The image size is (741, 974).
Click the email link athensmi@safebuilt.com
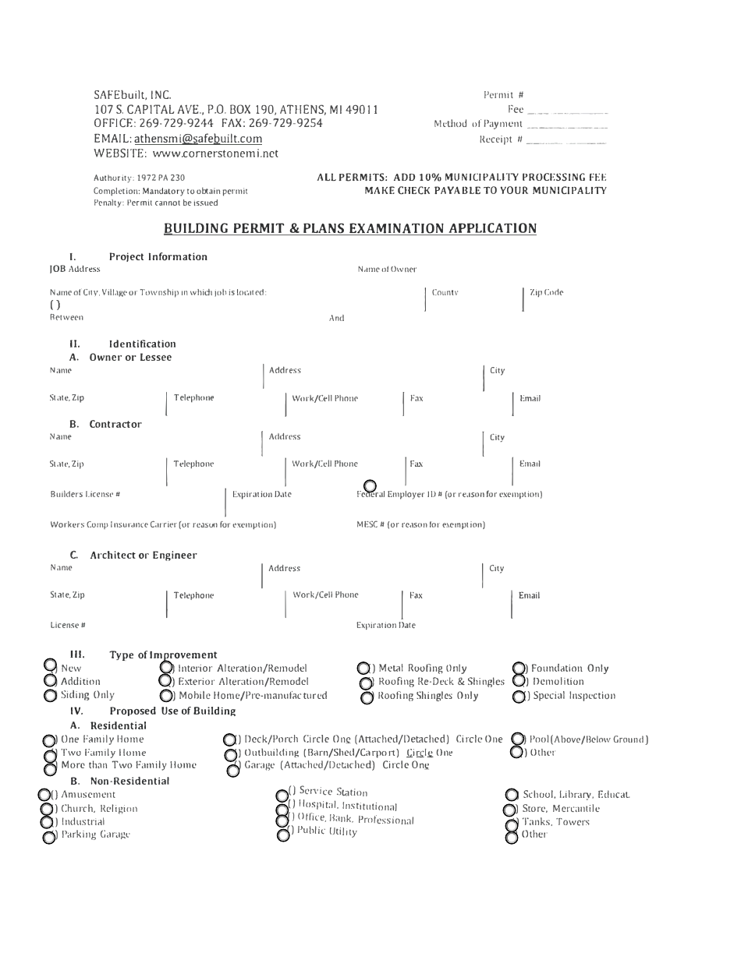tap(198, 139)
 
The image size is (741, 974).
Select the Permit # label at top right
tap(503, 95)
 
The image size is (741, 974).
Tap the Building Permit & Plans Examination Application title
tap(350, 228)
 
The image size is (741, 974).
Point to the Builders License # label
tap(85, 494)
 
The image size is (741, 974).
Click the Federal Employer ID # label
tap(449, 494)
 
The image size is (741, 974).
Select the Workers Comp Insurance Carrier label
tap(163, 524)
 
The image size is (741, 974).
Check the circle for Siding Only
tap(50, 696)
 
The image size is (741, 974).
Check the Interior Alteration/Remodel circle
tap(166, 668)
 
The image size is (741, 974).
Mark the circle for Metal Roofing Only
tap(363, 669)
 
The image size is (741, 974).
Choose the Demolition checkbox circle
tap(519, 681)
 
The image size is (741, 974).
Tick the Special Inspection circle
tap(519, 696)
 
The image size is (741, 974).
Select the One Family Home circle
tap(49, 740)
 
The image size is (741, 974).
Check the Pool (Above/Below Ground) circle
tap(517, 739)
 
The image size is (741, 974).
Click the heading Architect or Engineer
tap(144, 555)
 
